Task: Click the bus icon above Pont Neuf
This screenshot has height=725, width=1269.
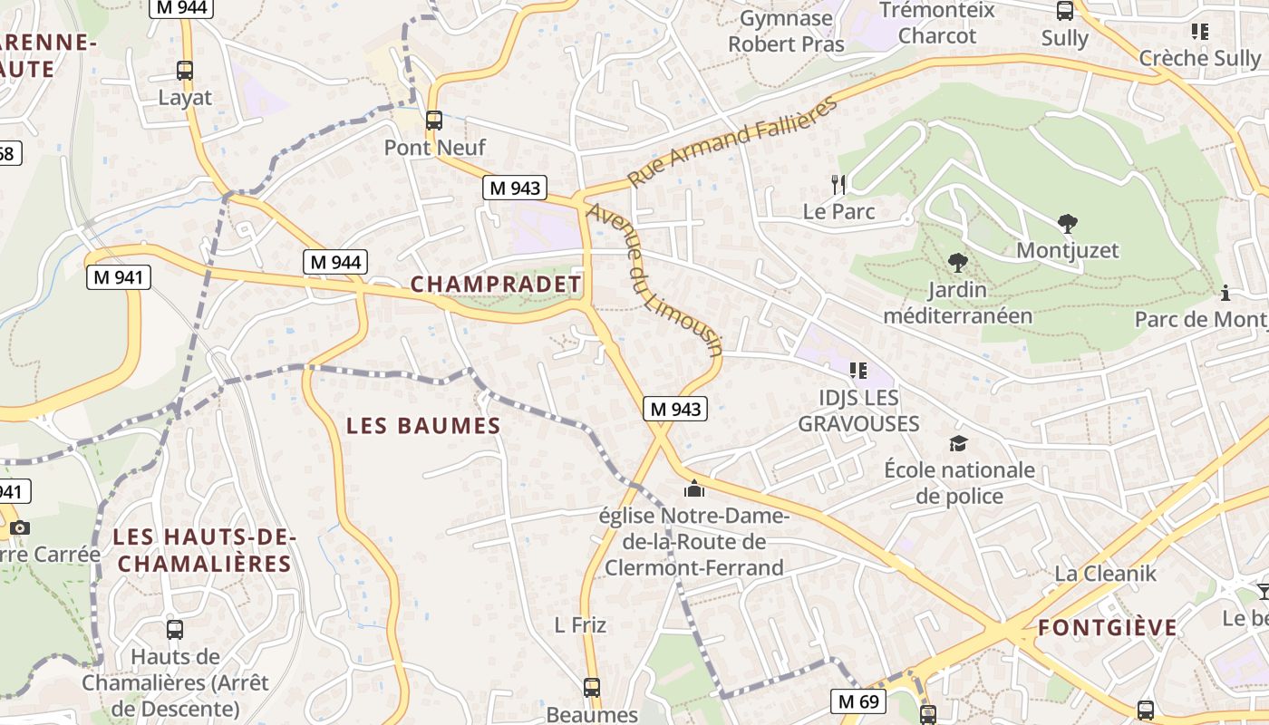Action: click(x=434, y=120)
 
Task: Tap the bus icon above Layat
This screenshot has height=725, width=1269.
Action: click(x=185, y=70)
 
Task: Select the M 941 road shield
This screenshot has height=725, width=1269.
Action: click(x=119, y=277)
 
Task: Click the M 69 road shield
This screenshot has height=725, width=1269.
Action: click(x=857, y=701)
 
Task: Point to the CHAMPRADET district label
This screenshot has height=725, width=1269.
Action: click(x=496, y=284)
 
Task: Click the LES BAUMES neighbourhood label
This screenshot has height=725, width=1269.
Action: click(x=423, y=425)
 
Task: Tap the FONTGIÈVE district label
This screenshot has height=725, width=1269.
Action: click(x=1108, y=627)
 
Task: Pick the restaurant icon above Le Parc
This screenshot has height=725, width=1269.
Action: click(x=838, y=185)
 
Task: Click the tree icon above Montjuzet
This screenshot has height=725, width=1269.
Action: click(x=1067, y=223)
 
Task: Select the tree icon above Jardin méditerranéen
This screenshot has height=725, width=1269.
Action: click(x=957, y=264)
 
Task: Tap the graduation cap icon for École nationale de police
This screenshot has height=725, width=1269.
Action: click(x=958, y=443)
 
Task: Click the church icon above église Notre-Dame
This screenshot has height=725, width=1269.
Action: click(x=694, y=489)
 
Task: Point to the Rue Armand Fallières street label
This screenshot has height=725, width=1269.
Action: click(x=732, y=140)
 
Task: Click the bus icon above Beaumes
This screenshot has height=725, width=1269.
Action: click(x=592, y=688)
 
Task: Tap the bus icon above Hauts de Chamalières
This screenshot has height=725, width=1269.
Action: click(x=175, y=629)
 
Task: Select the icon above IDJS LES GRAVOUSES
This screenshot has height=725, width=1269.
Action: click(x=857, y=370)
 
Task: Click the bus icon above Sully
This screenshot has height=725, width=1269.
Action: click(x=1065, y=11)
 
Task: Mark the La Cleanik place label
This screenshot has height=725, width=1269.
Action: click(x=1106, y=573)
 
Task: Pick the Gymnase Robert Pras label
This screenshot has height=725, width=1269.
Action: click(x=786, y=31)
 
